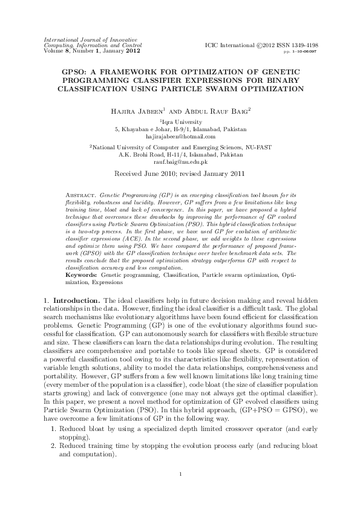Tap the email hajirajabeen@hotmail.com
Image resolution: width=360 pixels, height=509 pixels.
tap(180, 137)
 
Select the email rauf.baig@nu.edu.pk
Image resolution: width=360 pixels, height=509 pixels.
tap(180, 162)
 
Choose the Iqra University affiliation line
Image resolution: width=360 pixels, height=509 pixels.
tap(180, 122)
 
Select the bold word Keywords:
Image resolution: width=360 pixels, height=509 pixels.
tap(82, 274)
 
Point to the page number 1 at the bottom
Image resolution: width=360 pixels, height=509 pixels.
tap(180, 473)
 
